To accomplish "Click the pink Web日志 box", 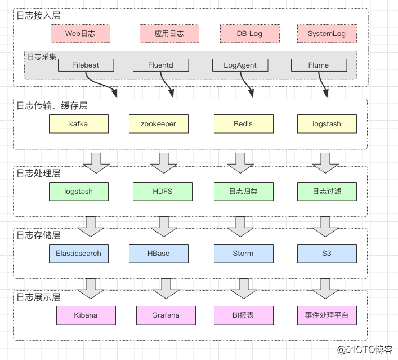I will [x=80, y=34].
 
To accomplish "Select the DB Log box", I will [x=249, y=34].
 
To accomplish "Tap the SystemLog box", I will [x=327, y=34].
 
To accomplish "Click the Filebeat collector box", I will [x=86, y=65].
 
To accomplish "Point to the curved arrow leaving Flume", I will [x=324, y=85].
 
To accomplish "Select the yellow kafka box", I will [x=78, y=124].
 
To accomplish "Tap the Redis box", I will [x=243, y=124].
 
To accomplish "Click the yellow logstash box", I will [x=327, y=124].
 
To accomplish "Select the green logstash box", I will [x=78, y=192].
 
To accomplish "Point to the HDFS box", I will [x=162, y=192].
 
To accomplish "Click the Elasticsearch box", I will [x=78, y=254].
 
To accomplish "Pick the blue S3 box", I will [x=327, y=254].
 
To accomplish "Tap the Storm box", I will [x=243, y=254].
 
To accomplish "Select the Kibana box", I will [x=86, y=315].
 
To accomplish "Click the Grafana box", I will [x=166, y=315].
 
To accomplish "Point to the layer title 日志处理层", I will [x=38, y=174].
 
